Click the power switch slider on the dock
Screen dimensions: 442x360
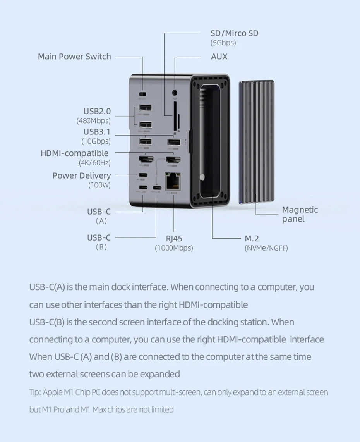point(142,94)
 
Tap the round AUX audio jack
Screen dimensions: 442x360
point(175,93)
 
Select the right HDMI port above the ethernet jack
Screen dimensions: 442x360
point(173,159)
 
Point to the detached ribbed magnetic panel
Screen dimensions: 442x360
point(257,141)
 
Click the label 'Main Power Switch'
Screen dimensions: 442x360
point(74,57)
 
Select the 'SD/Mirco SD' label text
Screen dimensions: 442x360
point(234,33)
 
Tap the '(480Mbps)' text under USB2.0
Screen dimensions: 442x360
point(93,121)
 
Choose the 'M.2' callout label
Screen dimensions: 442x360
point(252,238)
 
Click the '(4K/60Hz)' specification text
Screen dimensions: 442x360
point(94,163)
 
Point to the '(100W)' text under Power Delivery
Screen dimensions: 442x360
point(99,185)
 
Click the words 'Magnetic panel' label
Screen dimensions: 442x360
point(300,214)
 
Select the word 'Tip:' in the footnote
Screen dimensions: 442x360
point(35,392)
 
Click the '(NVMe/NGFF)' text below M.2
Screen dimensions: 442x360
point(266,248)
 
